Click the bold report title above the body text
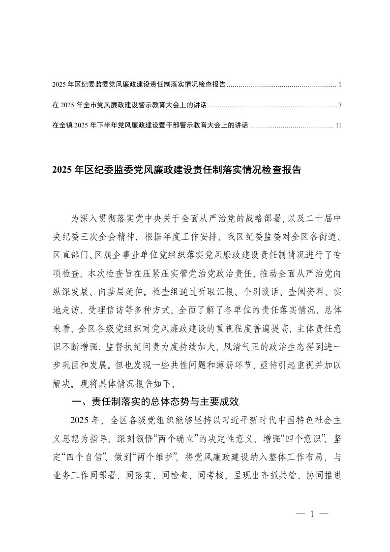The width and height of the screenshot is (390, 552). point(176,170)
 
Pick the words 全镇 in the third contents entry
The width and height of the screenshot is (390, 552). point(65,125)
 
